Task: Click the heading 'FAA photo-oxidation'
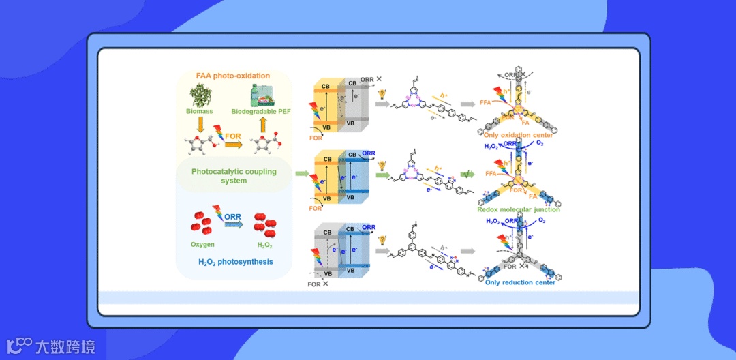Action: point(233,76)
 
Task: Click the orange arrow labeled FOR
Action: point(234,144)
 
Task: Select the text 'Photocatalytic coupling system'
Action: point(234,176)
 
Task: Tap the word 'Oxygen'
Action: point(202,244)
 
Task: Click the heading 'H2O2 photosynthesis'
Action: point(234,261)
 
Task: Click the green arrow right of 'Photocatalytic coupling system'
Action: point(301,174)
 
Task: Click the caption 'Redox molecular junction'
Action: point(519,209)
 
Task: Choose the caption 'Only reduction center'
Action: point(520,282)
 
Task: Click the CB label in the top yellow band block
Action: point(327,85)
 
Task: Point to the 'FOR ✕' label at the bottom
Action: point(318,284)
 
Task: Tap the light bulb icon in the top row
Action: point(382,93)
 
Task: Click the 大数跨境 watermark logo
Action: point(50,346)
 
